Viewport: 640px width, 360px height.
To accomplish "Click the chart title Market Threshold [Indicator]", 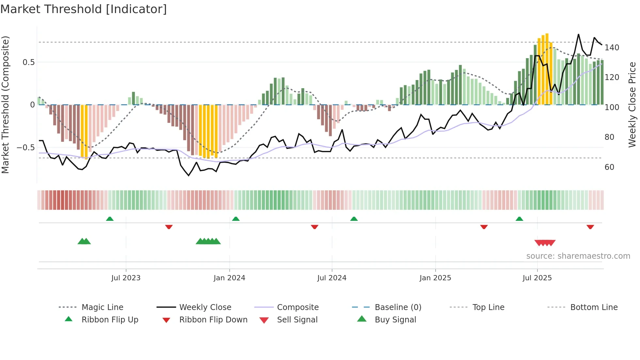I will pos(84,9).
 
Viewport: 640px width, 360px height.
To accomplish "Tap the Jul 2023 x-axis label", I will pos(126,278).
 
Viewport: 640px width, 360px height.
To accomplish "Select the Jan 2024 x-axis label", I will pos(229,278).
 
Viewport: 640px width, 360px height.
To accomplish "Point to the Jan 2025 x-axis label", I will pos(435,278).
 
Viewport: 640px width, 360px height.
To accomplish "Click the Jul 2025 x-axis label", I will pos(537,278).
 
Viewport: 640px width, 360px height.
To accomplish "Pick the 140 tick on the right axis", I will pos(612,48).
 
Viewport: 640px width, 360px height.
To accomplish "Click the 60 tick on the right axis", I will pos(609,167).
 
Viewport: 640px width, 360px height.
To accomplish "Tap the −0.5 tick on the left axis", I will pos(25,147).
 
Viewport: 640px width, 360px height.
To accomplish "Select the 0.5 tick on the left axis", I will pos(28,62).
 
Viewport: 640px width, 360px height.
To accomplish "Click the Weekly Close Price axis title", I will pos(632,105).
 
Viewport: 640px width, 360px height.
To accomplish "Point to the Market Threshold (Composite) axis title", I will pos(5,105).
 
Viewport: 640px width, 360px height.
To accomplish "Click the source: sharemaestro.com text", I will pos(578,256).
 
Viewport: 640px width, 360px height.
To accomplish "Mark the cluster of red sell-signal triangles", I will pos(545,243).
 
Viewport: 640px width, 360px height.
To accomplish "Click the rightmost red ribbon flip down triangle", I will pos(590,227).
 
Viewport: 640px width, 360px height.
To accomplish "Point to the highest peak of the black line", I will pos(578,34).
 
